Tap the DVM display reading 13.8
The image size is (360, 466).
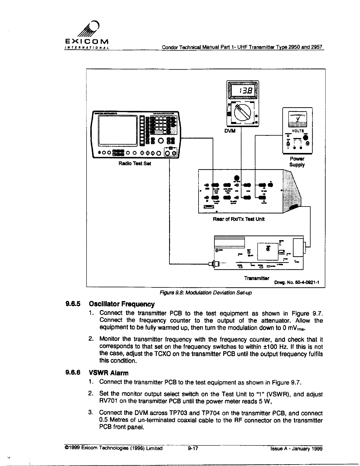tap(243, 91)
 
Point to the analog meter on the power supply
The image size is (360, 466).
tap(297, 118)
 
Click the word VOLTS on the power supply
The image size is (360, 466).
tap(297, 131)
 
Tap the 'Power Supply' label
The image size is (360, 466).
tap(297, 162)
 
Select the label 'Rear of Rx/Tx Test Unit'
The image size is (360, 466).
tap(239, 219)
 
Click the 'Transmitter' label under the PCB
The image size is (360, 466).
tap(256, 278)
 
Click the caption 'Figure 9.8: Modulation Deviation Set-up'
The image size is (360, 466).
tap(206, 293)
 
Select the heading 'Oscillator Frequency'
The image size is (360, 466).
tap(121, 304)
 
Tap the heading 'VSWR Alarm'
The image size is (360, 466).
tap(109, 373)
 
